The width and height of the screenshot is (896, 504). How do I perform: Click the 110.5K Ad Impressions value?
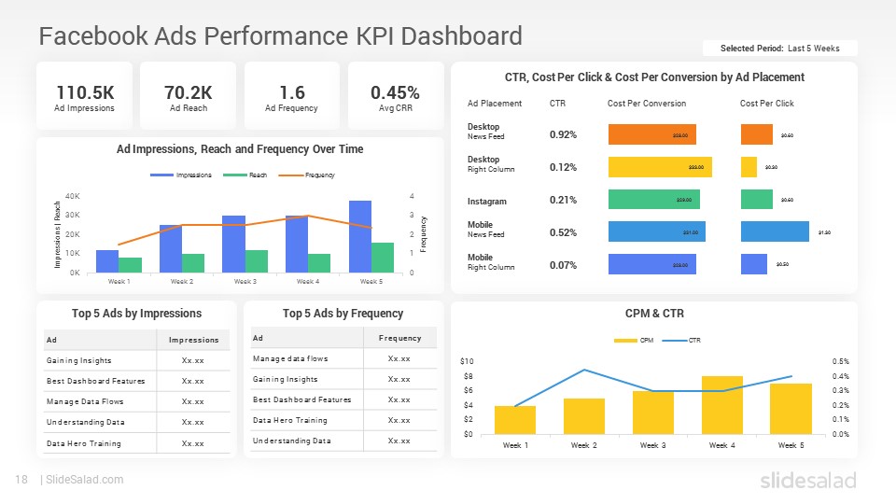pos(84,92)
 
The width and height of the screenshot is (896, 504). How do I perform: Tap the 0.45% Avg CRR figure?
pos(395,92)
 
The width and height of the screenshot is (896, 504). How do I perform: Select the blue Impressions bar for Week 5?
pos(360,236)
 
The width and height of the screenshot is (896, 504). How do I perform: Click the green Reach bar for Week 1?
pos(131,265)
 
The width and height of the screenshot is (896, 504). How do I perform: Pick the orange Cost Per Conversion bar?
pos(651,135)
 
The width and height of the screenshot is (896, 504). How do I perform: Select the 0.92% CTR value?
pos(563,135)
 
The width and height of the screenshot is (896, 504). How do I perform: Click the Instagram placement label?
pos(486,201)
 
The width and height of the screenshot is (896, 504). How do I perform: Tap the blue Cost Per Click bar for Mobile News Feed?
pos(774,231)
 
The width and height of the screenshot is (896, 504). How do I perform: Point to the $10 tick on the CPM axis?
pos(468,361)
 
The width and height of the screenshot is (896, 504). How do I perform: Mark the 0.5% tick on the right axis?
pos(840,361)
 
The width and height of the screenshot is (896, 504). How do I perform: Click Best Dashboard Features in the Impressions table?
pos(96,381)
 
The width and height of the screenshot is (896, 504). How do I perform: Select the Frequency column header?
pos(399,338)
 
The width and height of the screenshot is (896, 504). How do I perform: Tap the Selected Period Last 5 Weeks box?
pos(779,49)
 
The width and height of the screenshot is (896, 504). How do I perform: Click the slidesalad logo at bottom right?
pos(807,480)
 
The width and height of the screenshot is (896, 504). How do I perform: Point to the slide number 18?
pos(21,480)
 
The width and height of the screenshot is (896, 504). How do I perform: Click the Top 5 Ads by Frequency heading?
pos(343,314)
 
